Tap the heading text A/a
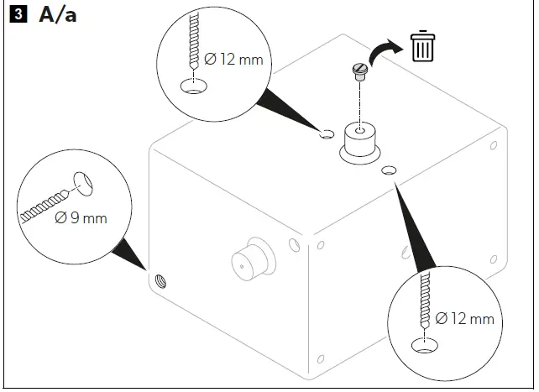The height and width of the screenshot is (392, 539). click(57, 15)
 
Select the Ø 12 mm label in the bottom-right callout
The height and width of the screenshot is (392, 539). click(464, 318)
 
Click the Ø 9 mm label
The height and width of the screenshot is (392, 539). click(81, 218)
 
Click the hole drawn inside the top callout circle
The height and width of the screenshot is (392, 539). click(195, 86)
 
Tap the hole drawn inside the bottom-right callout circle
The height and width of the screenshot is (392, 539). click(426, 343)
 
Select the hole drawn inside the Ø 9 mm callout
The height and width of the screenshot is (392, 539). click(82, 184)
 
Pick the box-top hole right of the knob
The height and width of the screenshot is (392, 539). click(389, 171)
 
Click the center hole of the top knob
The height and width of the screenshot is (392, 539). click(359, 132)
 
